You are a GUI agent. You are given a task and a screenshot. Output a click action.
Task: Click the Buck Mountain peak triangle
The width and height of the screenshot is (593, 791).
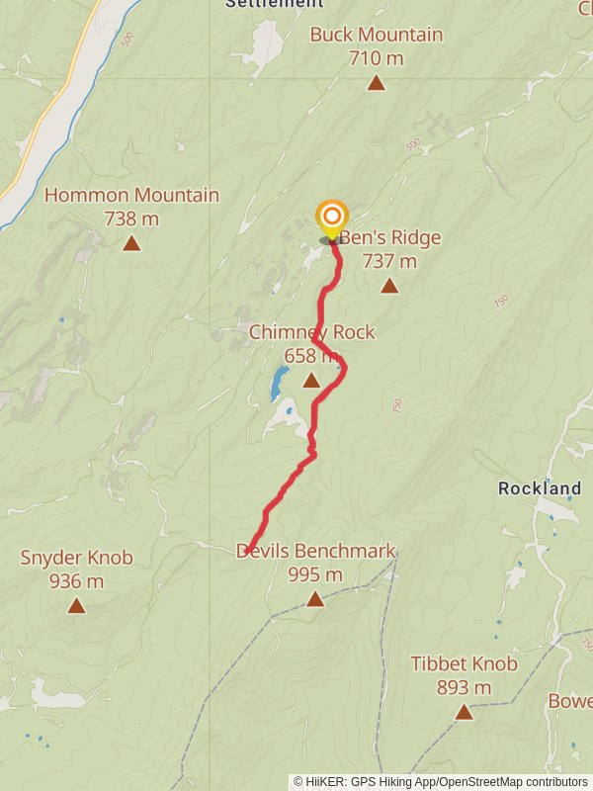[376, 82]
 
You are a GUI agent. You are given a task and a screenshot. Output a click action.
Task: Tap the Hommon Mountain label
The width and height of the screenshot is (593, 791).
[131, 195]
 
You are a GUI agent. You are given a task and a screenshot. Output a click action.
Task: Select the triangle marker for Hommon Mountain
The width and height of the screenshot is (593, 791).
[131, 242]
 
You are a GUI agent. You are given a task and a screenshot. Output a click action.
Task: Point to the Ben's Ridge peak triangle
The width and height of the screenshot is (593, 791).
[389, 286]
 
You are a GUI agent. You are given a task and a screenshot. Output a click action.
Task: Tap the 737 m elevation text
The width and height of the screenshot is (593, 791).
[389, 261]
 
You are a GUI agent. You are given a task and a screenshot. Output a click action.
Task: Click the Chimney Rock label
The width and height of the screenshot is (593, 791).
[311, 332]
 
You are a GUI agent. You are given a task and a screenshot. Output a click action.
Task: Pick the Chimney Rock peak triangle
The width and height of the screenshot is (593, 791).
[311, 380]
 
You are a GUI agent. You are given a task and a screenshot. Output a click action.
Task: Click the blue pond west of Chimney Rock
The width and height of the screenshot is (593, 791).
[280, 382]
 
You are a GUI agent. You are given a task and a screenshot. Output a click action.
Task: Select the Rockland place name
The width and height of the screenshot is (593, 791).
[540, 488]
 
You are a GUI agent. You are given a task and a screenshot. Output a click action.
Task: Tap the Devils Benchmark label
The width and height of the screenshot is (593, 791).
[315, 551]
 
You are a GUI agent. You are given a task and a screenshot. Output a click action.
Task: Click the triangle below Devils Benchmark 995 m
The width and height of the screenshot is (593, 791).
[314, 598]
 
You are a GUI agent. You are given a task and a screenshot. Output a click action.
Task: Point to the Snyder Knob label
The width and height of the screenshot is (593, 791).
[76, 558]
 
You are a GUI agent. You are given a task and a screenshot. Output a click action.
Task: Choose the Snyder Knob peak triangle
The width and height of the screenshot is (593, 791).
[76, 605]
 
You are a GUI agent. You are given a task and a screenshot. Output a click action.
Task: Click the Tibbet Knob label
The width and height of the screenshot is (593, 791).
[464, 663]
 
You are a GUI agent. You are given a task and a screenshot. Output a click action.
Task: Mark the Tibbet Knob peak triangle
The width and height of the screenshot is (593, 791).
[464, 711]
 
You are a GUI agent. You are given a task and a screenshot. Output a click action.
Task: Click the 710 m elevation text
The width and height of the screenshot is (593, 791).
[376, 58]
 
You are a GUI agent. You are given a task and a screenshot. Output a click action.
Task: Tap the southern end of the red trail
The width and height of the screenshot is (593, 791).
[249, 551]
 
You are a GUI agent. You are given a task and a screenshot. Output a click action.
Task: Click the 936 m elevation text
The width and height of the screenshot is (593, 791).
[76, 580]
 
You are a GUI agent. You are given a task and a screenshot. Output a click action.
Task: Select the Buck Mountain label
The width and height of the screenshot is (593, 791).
[376, 35]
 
